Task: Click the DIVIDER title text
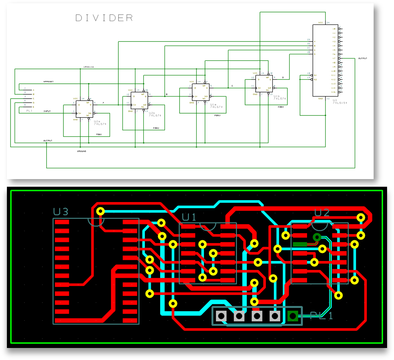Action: pyautogui.click(x=104, y=18)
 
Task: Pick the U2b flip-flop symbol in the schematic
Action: pyautogui.click(x=139, y=101)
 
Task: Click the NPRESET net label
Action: pyautogui.click(x=48, y=82)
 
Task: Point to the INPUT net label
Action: pyautogui.click(x=47, y=111)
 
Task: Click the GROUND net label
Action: pyautogui.click(x=82, y=151)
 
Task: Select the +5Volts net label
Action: pyautogui.click(x=88, y=67)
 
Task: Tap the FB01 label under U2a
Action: pyautogui.click(x=99, y=134)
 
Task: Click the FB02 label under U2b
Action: pyautogui.click(x=156, y=128)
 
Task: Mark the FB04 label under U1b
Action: pyautogui.click(x=280, y=107)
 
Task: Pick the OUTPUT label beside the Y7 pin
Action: pyautogui.click(x=363, y=58)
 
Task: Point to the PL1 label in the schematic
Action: pyautogui.click(x=29, y=111)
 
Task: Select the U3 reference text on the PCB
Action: pyautogui.click(x=60, y=211)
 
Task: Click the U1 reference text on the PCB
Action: pyautogui.click(x=189, y=217)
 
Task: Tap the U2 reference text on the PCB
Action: pyautogui.click(x=322, y=213)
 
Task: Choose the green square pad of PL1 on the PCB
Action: pyautogui.click(x=293, y=316)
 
